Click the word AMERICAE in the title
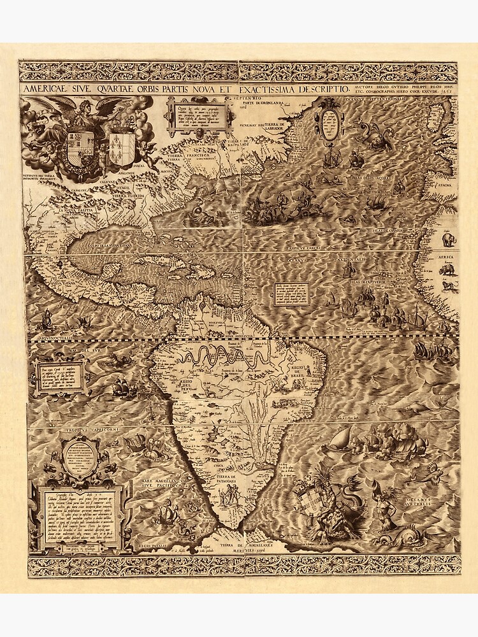[x=48, y=89]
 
